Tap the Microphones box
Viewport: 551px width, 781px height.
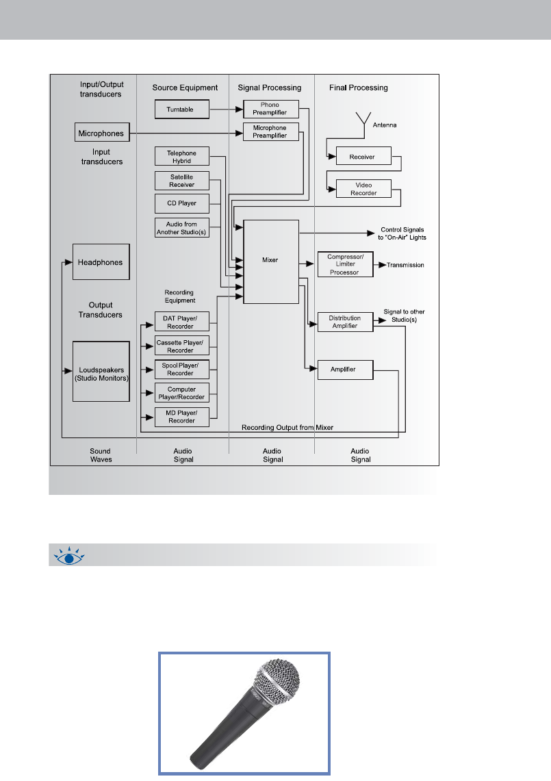tap(101, 132)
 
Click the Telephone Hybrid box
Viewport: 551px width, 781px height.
tap(181, 156)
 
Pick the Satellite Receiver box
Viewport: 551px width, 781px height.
tap(181, 181)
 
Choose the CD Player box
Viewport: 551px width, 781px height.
tap(181, 204)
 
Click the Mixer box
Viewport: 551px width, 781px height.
tap(271, 261)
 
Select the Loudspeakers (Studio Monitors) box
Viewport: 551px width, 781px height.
tap(101, 372)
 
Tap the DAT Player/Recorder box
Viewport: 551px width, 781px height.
tap(181, 321)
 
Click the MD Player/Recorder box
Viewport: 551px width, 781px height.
tap(181, 416)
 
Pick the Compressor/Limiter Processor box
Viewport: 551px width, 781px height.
tap(345, 264)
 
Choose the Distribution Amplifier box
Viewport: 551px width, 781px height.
tap(345, 322)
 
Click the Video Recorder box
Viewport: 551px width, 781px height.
tap(363, 188)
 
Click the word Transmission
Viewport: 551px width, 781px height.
tap(406, 265)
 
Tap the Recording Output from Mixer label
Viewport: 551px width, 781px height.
tap(287, 427)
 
